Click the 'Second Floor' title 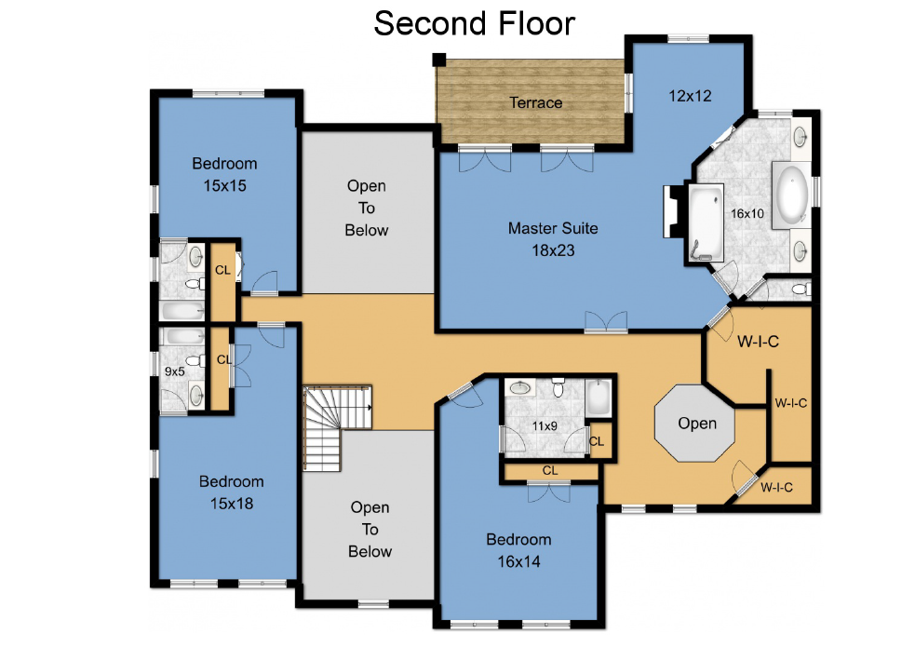[x=475, y=24]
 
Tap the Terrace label [x=536, y=102]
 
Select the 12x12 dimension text [x=690, y=96]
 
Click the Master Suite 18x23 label [x=553, y=239]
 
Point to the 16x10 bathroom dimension [x=747, y=213]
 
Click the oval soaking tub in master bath [x=791, y=195]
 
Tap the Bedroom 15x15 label [x=224, y=174]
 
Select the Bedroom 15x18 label [x=232, y=492]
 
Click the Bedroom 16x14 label [x=518, y=550]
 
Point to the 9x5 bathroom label [x=174, y=371]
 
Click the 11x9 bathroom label [x=545, y=426]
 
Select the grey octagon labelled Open [x=694, y=423]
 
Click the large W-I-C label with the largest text [x=758, y=342]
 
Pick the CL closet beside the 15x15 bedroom [x=222, y=280]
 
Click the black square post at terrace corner [x=438, y=60]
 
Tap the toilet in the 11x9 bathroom [x=558, y=387]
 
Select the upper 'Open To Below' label [x=367, y=208]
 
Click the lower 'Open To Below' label [x=370, y=529]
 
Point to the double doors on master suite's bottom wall [x=606, y=322]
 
